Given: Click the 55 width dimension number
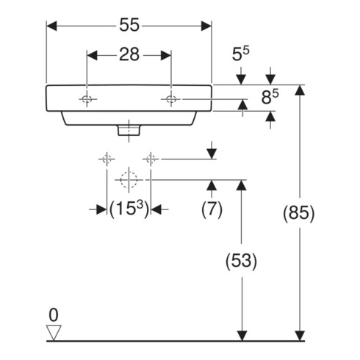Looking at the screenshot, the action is coord(129,25).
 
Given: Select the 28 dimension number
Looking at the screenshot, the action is coord(129,54).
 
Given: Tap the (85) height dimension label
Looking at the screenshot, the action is coord(298,213).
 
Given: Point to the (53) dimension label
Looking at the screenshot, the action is coord(241,261).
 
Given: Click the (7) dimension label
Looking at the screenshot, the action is coord(212,209).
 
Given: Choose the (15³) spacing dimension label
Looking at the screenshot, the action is coord(129,209).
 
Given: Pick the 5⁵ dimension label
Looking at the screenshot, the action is coord(241,54).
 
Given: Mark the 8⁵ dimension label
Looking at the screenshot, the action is coord(270,96).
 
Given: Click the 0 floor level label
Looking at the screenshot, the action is coord(54,315).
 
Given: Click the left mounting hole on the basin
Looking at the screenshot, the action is coord(87,99).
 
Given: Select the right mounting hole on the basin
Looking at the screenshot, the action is coord(171,99).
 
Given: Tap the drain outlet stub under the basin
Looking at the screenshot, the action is coord(129,130).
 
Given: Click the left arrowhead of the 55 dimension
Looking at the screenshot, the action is coord(51,26).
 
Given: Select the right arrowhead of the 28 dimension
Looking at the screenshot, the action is coord(166,55).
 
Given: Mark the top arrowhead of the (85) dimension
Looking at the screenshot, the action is coord(300,90).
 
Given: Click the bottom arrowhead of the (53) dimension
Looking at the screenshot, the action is coord(242,336).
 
